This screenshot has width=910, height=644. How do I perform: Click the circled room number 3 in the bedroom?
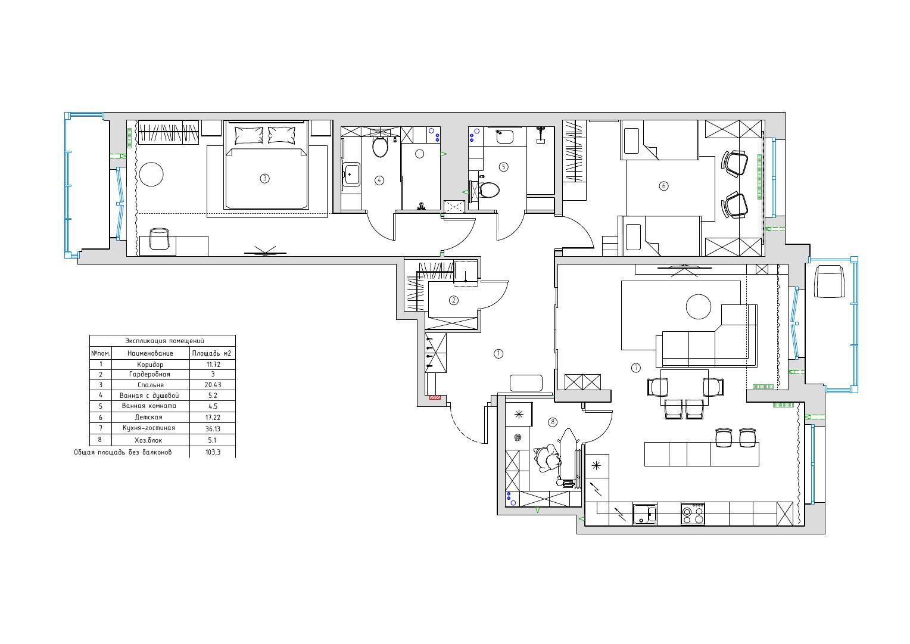pyautogui.click(x=264, y=178)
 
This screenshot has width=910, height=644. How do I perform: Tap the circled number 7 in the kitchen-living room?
pyautogui.click(x=636, y=368)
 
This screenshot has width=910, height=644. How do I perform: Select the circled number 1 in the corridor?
pyautogui.click(x=498, y=353)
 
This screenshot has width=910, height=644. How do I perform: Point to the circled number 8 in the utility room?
pyautogui.click(x=553, y=422)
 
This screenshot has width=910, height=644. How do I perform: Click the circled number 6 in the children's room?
pyautogui.click(x=663, y=186)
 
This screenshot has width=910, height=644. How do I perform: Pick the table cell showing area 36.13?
pyautogui.click(x=213, y=429)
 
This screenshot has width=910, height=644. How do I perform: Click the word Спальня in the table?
pyautogui.click(x=151, y=385)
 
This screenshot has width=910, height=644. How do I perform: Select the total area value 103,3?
pyautogui.click(x=213, y=452)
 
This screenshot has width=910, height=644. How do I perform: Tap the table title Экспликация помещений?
pyautogui.click(x=164, y=341)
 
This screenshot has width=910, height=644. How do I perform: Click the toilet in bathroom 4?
pyautogui.click(x=380, y=147)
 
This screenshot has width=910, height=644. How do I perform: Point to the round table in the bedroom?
pyautogui.click(x=151, y=175)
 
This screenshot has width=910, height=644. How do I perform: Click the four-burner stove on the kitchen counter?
pyautogui.click(x=693, y=514)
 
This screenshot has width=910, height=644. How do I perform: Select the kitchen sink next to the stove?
pyautogui.click(x=645, y=514)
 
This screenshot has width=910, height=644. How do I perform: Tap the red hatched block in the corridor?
pyautogui.click(x=435, y=397)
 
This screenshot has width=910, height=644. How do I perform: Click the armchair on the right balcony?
pyautogui.click(x=830, y=281)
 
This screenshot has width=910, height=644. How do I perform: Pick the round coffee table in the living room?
pyautogui.click(x=699, y=307)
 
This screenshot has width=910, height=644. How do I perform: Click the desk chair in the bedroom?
pyautogui.click(x=159, y=238)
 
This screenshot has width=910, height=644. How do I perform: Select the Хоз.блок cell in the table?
pyautogui.click(x=149, y=440)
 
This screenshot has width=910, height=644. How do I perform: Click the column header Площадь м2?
pyautogui.click(x=211, y=353)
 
